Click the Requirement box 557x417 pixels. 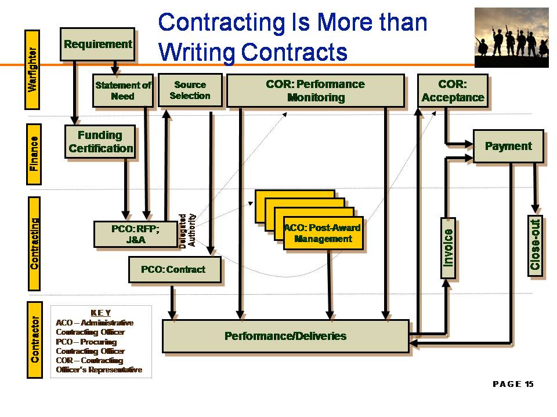pyautogui.click(x=97, y=45)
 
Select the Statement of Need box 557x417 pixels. pyautogui.click(x=123, y=90)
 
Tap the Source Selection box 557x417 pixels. pyautogui.click(x=190, y=90)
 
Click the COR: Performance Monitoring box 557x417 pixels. pyautogui.click(x=316, y=90)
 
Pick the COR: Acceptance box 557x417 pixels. pyautogui.click(x=453, y=90)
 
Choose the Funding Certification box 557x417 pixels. pyautogui.click(x=100, y=141)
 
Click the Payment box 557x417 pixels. pyautogui.click(x=508, y=146)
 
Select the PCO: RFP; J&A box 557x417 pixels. pyautogui.click(x=136, y=234)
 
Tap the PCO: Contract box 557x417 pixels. pyautogui.click(x=175, y=269)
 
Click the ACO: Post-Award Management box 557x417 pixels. pyautogui.click(x=323, y=233)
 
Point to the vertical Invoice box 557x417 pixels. pyautogui.click(x=448, y=248)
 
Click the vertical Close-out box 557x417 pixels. pyautogui.click(x=535, y=245)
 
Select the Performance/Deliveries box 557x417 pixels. pyautogui.click(x=285, y=336)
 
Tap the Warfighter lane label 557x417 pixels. pyautogui.click(x=32, y=69)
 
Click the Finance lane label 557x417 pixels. pyautogui.click(x=34, y=154)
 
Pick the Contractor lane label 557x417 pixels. pyautogui.click(x=34, y=340)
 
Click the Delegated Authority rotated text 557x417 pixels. pyautogui.click(x=187, y=231)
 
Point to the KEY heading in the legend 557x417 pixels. pyautogui.click(x=101, y=313)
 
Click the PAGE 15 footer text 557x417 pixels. pyautogui.click(x=513, y=384)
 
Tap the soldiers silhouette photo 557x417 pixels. pyautogui.click(x=512, y=37)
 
